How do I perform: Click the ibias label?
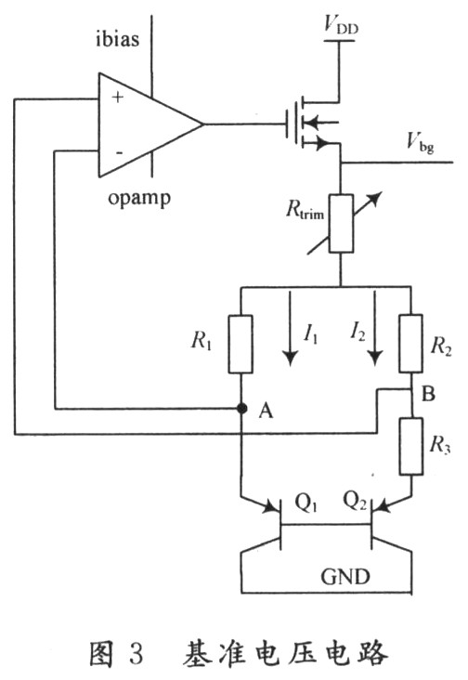(117, 39)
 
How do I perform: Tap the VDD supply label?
(341, 24)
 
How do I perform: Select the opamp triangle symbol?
(150, 124)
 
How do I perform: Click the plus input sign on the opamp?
(117, 98)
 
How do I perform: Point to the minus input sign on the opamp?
(119, 152)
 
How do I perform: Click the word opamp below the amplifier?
(139, 199)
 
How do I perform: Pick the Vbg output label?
(420, 142)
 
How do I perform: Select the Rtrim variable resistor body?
(341, 223)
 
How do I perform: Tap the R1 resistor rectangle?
(240, 345)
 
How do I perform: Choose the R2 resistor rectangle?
(410, 344)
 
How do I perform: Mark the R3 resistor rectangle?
(410, 446)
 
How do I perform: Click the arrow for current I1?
(290, 329)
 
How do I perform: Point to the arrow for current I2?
(375, 329)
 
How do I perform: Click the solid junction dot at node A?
(241, 408)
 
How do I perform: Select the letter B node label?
(428, 394)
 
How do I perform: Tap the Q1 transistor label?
(305, 503)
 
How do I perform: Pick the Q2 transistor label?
(355, 501)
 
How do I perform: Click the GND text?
(345, 576)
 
